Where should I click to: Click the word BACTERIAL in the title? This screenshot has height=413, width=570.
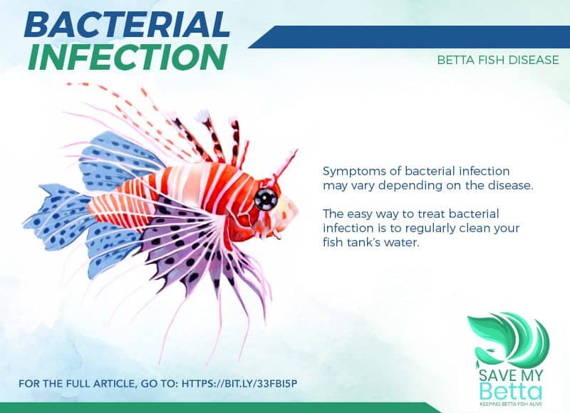127,25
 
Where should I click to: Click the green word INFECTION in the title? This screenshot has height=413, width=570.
128,58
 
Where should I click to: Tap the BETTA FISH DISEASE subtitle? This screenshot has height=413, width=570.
498,60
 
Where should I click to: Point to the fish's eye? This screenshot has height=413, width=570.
266,199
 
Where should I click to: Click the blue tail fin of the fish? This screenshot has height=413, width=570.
55,217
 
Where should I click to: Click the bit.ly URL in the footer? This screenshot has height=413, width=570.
239,383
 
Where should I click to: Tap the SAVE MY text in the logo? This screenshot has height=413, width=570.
511,375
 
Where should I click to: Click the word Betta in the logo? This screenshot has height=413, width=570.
510,391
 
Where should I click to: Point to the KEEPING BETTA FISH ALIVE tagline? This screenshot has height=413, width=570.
511,404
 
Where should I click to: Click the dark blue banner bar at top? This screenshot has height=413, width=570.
409,37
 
